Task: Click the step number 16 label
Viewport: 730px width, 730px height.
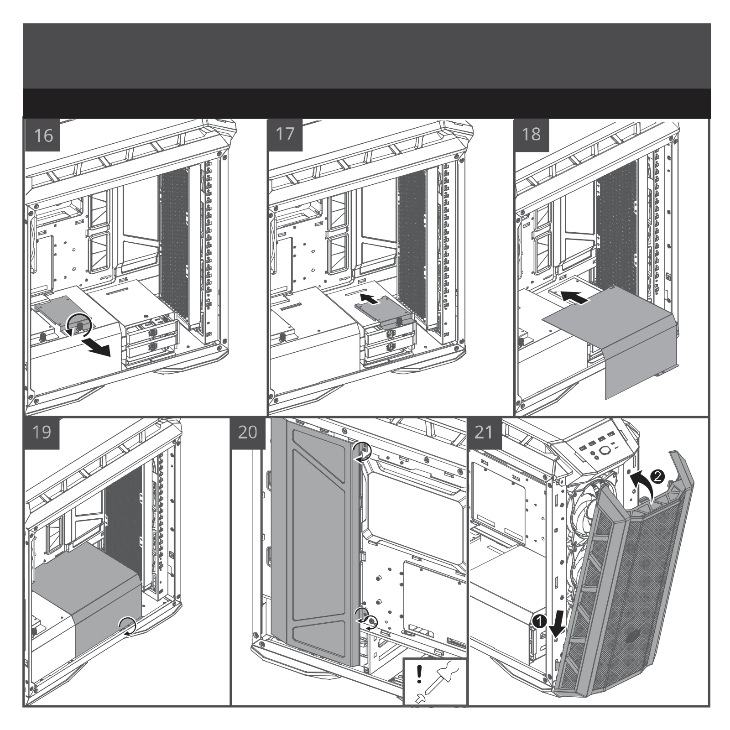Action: [x=44, y=136]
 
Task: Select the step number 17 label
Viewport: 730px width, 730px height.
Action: [x=286, y=135]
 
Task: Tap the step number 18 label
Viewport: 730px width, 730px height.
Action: [x=531, y=135]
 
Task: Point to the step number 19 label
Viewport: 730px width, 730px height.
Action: [x=42, y=432]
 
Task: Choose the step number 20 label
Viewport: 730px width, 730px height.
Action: [x=248, y=432]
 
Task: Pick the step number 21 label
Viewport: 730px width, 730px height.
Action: [x=485, y=432]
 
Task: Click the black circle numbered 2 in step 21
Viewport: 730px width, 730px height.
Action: [x=657, y=477]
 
